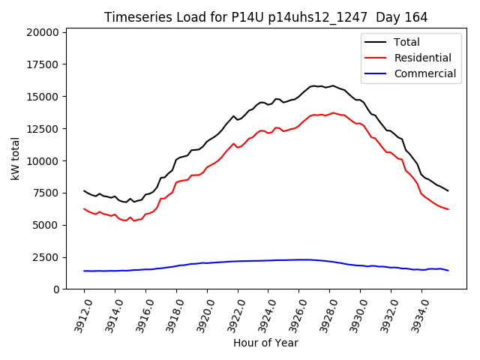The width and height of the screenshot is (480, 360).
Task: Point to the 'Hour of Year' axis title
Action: pos(265,343)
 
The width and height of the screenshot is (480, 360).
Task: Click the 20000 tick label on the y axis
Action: pos(42,32)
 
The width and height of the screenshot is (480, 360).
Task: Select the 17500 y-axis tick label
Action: pos(42,64)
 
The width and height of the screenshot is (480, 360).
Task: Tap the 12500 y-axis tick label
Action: pos(42,129)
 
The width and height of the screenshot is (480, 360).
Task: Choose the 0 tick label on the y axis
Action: pos(56,289)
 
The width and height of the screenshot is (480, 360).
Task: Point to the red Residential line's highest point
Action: pos(333,112)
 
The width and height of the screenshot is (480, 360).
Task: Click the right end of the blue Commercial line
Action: pos(448,271)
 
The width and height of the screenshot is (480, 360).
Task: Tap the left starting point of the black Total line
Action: pos(84,190)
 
